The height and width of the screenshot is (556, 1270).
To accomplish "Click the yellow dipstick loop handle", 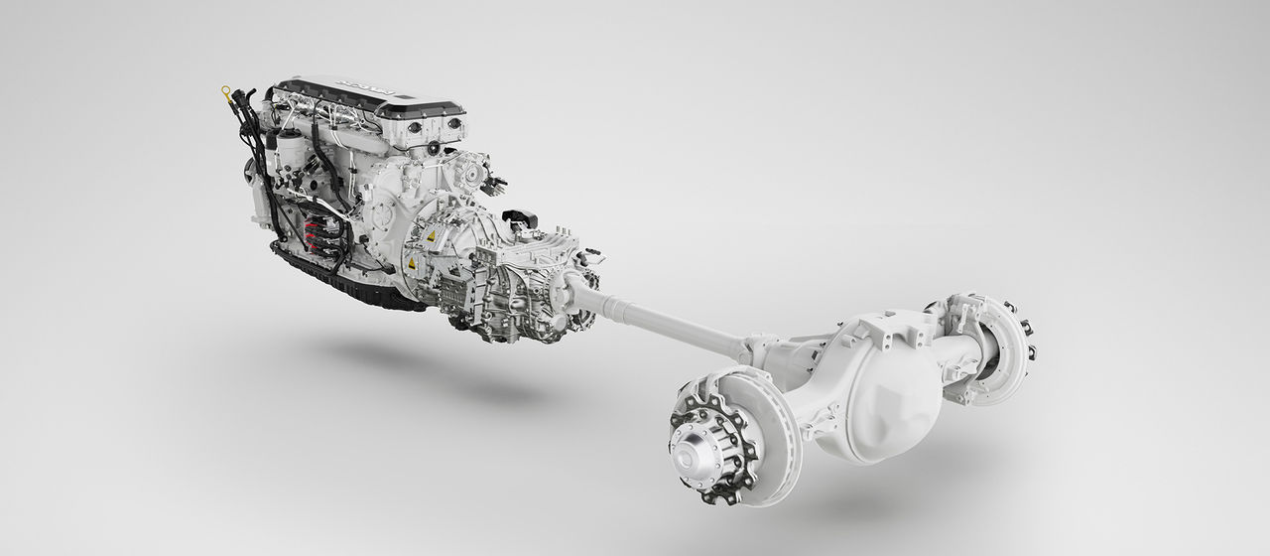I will pyautogui.click(x=226, y=92).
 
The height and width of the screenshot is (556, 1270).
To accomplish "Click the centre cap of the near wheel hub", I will pyautogui.click(x=689, y=445).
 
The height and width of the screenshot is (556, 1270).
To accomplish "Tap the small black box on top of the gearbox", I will pyautogui.click(x=520, y=216).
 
